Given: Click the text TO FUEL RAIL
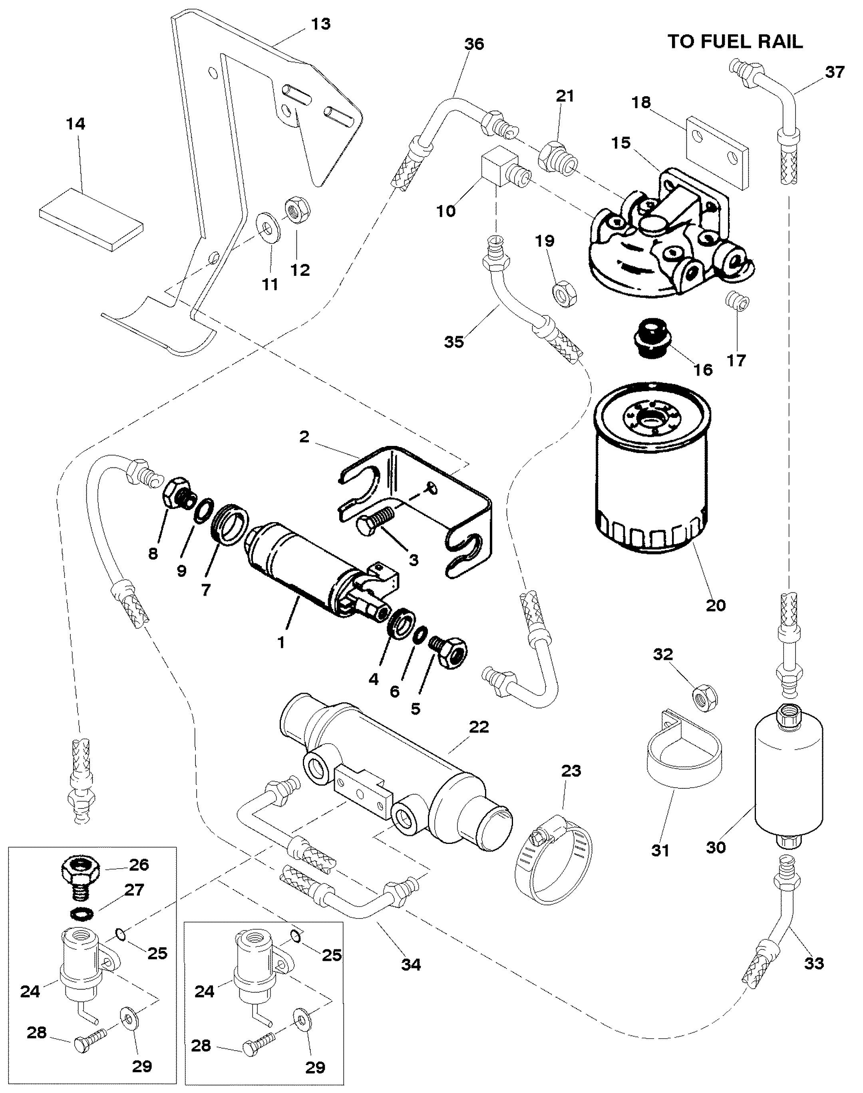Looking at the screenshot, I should point(735,42).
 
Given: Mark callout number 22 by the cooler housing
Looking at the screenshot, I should point(479,727).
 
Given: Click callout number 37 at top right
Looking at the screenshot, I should point(835,72).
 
